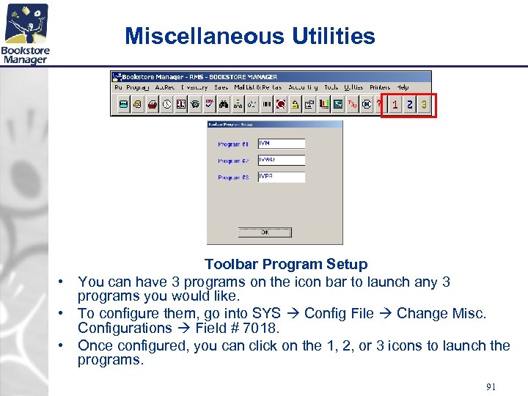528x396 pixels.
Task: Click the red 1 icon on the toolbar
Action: point(395,106)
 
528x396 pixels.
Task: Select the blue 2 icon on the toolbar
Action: point(410,106)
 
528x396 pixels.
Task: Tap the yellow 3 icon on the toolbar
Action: point(424,106)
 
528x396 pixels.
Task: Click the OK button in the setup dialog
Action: point(265,232)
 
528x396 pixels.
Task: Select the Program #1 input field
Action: point(281,144)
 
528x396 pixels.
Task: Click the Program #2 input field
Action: point(281,160)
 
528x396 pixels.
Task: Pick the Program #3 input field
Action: point(281,177)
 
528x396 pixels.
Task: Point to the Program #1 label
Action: point(233,144)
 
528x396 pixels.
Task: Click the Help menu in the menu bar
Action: point(403,87)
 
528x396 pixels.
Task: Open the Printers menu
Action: point(380,87)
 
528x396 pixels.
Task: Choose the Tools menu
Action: point(331,87)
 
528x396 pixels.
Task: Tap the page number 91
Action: point(491,386)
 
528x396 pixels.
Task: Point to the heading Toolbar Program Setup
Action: point(285,264)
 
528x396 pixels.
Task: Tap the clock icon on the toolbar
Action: point(167,105)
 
